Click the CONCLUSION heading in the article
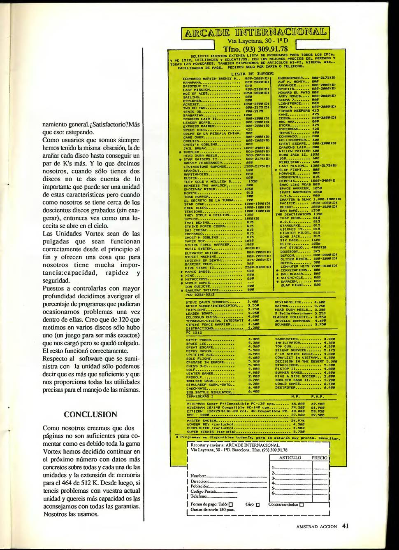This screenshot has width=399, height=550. [x=90, y=414]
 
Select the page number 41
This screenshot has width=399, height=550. [x=346, y=526]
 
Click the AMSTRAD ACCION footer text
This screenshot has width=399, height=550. [x=316, y=526]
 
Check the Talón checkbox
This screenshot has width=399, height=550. [x=231, y=504]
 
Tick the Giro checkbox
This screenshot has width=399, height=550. [x=258, y=504]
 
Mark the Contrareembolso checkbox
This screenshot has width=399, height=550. [x=302, y=504]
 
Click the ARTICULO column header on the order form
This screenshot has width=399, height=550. [x=290, y=458]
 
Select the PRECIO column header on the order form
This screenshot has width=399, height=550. [x=320, y=458]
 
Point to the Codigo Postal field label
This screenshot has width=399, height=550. [x=203, y=491]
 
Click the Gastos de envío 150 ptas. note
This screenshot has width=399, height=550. [x=213, y=510]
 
